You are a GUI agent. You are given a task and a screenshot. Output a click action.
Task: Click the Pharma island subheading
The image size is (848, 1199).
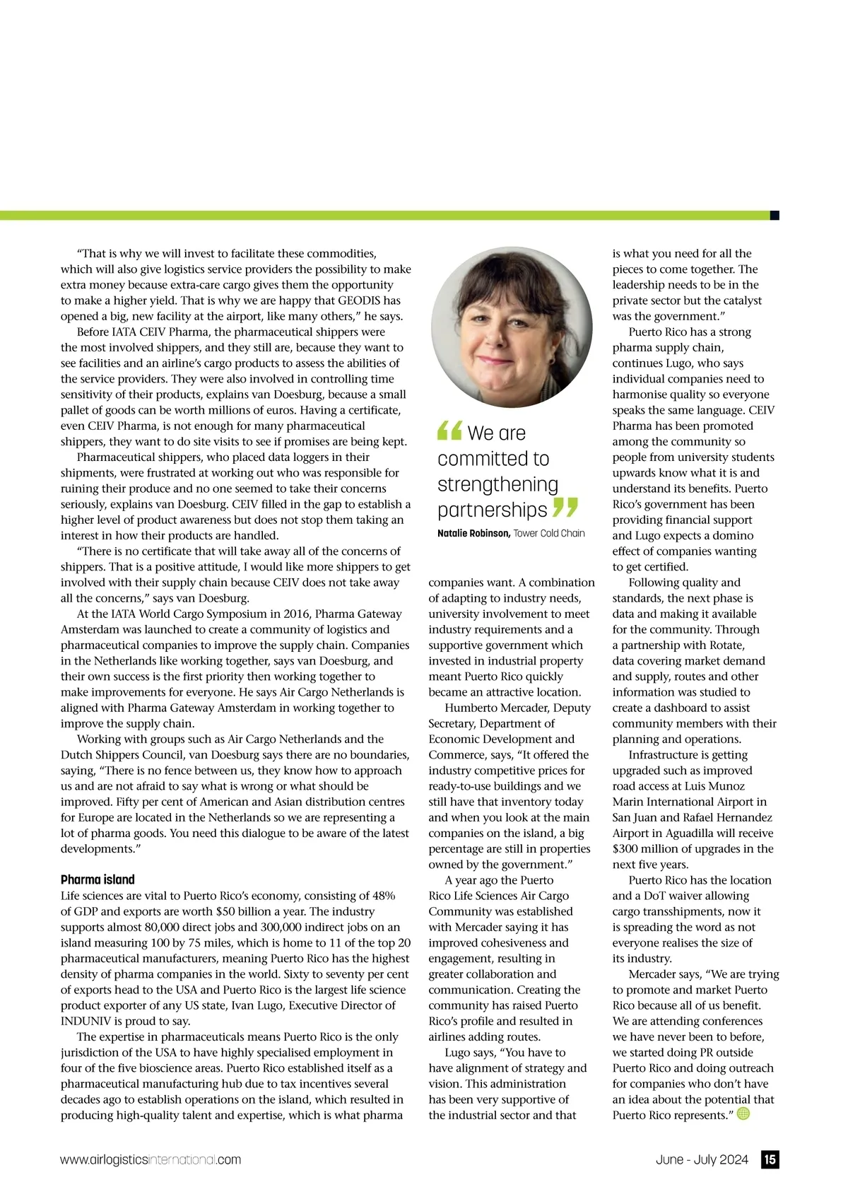pyautogui.click(x=98, y=879)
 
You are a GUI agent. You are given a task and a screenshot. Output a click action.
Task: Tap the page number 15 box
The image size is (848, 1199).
pyautogui.click(x=770, y=1159)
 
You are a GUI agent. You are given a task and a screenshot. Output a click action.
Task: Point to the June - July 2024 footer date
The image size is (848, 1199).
pyautogui.click(x=701, y=1159)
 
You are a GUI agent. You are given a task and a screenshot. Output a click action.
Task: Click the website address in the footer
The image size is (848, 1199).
pyautogui.click(x=151, y=1159)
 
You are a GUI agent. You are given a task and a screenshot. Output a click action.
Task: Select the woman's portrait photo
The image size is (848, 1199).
pyautogui.click(x=512, y=327)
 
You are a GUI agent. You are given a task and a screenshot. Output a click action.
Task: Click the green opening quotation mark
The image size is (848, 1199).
pyautogui.click(x=449, y=430)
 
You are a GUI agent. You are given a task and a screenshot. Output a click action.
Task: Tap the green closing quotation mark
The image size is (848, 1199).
pyautogui.click(x=565, y=507)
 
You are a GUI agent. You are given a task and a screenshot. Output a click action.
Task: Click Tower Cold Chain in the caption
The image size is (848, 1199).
pyautogui.click(x=549, y=533)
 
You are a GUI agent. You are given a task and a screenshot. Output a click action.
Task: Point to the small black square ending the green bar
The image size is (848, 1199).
pyautogui.click(x=775, y=215)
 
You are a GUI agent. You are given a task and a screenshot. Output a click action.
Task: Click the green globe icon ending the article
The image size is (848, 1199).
pyautogui.click(x=743, y=1113)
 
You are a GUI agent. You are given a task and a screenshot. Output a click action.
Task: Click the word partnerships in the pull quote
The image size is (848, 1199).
pyautogui.click(x=493, y=510)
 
